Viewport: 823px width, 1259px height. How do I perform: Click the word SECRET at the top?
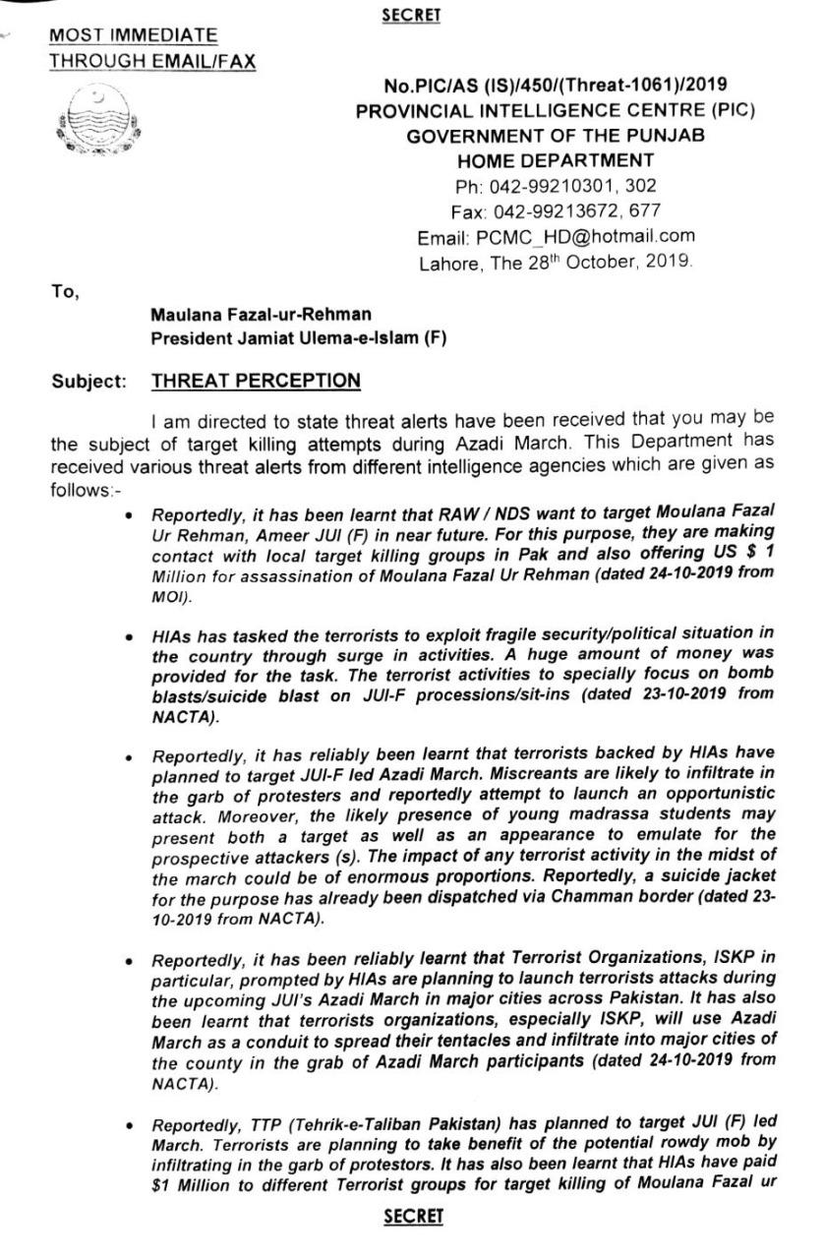413,15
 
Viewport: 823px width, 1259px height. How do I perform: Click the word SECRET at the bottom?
413,1217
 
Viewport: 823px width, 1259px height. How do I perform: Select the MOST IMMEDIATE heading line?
134,35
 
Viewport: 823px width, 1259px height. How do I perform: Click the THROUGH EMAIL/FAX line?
152,61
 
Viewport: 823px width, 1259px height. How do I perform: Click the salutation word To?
65,289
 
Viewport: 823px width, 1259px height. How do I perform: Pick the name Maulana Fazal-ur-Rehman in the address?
261,315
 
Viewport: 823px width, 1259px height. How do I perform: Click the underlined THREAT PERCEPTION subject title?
256,381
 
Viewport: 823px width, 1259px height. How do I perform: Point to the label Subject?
90,382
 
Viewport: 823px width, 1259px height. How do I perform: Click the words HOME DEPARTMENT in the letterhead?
556,160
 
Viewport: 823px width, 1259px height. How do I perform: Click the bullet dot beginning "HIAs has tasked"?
129,637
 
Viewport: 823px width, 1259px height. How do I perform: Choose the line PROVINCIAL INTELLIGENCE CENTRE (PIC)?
556,110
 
